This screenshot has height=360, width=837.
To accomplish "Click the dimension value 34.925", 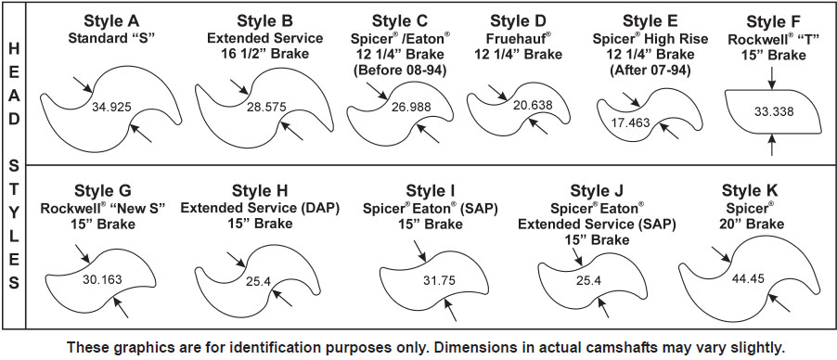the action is [111, 106].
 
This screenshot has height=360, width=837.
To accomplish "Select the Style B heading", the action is [264, 21].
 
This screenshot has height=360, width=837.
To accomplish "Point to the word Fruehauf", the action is [516, 38].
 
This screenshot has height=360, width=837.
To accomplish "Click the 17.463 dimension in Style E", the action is [631, 122].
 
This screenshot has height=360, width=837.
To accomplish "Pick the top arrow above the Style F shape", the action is [772, 78].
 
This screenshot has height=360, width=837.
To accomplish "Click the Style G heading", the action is [103, 191].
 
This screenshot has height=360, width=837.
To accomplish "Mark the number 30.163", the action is [102, 279].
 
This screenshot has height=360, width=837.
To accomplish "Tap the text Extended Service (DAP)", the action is [260, 208].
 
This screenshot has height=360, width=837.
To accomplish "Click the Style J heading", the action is [597, 191].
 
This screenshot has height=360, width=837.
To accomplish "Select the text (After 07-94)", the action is [650, 71].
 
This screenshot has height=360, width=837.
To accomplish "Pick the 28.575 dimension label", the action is [266, 107].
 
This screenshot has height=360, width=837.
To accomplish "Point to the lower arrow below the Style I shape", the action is [450, 310].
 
